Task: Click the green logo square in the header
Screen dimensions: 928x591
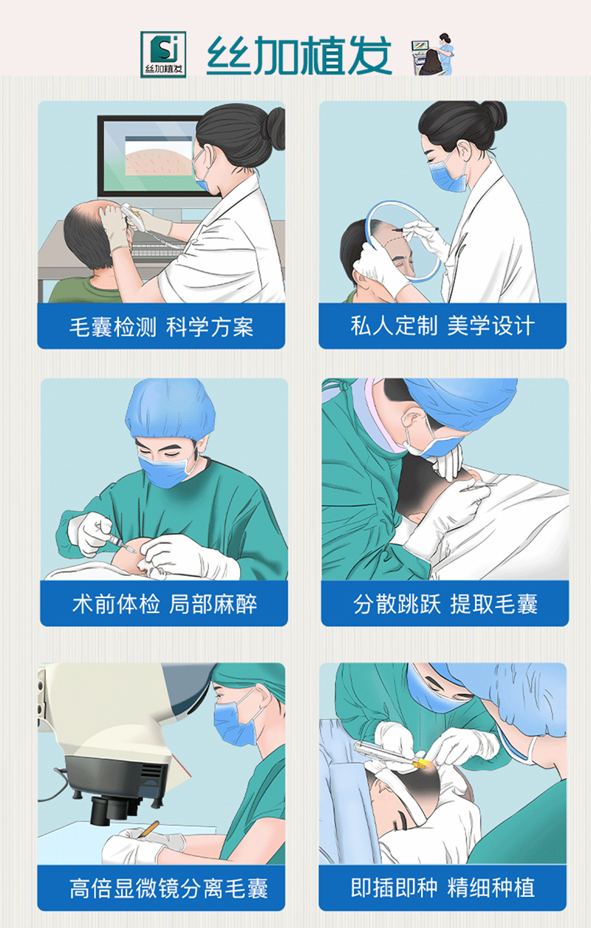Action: click(x=163, y=54)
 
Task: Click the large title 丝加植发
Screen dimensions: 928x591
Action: click(x=298, y=54)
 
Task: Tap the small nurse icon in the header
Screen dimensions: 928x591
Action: click(x=433, y=54)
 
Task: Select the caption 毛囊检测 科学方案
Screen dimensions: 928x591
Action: click(x=161, y=327)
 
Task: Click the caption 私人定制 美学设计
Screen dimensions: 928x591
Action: click(x=443, y=326)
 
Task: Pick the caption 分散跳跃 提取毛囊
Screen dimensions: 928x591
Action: click(x=445, y=604)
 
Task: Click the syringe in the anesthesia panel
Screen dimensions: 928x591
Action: click(x=120, y=546)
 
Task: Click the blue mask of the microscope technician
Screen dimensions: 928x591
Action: click(x=238, y=722)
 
